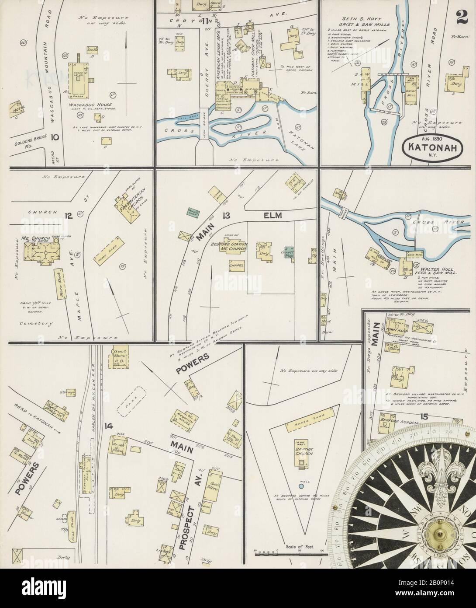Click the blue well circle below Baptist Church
click(x=300, y=486)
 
